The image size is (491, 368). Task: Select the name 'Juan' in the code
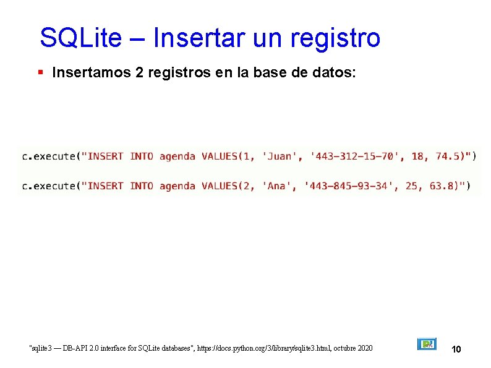click(280, 156)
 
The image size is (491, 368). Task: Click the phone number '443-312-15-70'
click(354, 156)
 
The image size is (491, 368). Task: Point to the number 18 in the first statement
click(419, 156)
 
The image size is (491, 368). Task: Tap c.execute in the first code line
click(48, 156)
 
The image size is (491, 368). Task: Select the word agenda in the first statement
click(177, 156)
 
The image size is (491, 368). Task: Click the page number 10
click(456, 349)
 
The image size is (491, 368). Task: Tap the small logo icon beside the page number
click(427, 344)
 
